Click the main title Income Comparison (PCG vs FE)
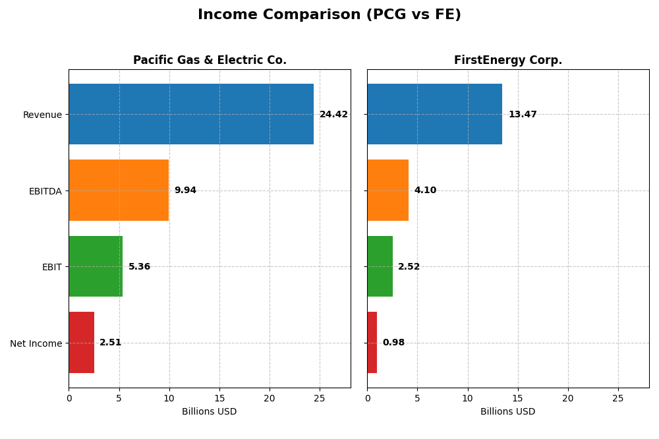tap(329, 15)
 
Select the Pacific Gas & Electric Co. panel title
tap(210, 61)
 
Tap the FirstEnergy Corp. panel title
tap(507, 61)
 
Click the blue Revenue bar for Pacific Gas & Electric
tap(191, 114)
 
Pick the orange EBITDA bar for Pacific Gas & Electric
tap(119, 190)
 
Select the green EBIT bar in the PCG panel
tap(96, 266)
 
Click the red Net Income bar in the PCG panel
tap(82, 343)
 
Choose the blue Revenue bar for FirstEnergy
tap(434, 114)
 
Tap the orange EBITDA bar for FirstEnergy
tap(387, 190)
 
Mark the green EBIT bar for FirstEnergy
tap(380, 266)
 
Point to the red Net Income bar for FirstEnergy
tap(372, 343)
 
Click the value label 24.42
tap(333, 115)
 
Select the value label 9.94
tap(185, 190)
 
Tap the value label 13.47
tap(523, 115)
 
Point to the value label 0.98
tap(393, 343)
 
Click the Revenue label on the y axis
tap(42, 115)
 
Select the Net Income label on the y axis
tap(36, 343)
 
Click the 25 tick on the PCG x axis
tap(320, 398)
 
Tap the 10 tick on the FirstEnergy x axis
tap(467, 398)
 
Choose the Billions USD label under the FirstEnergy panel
tap(507, 412)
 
